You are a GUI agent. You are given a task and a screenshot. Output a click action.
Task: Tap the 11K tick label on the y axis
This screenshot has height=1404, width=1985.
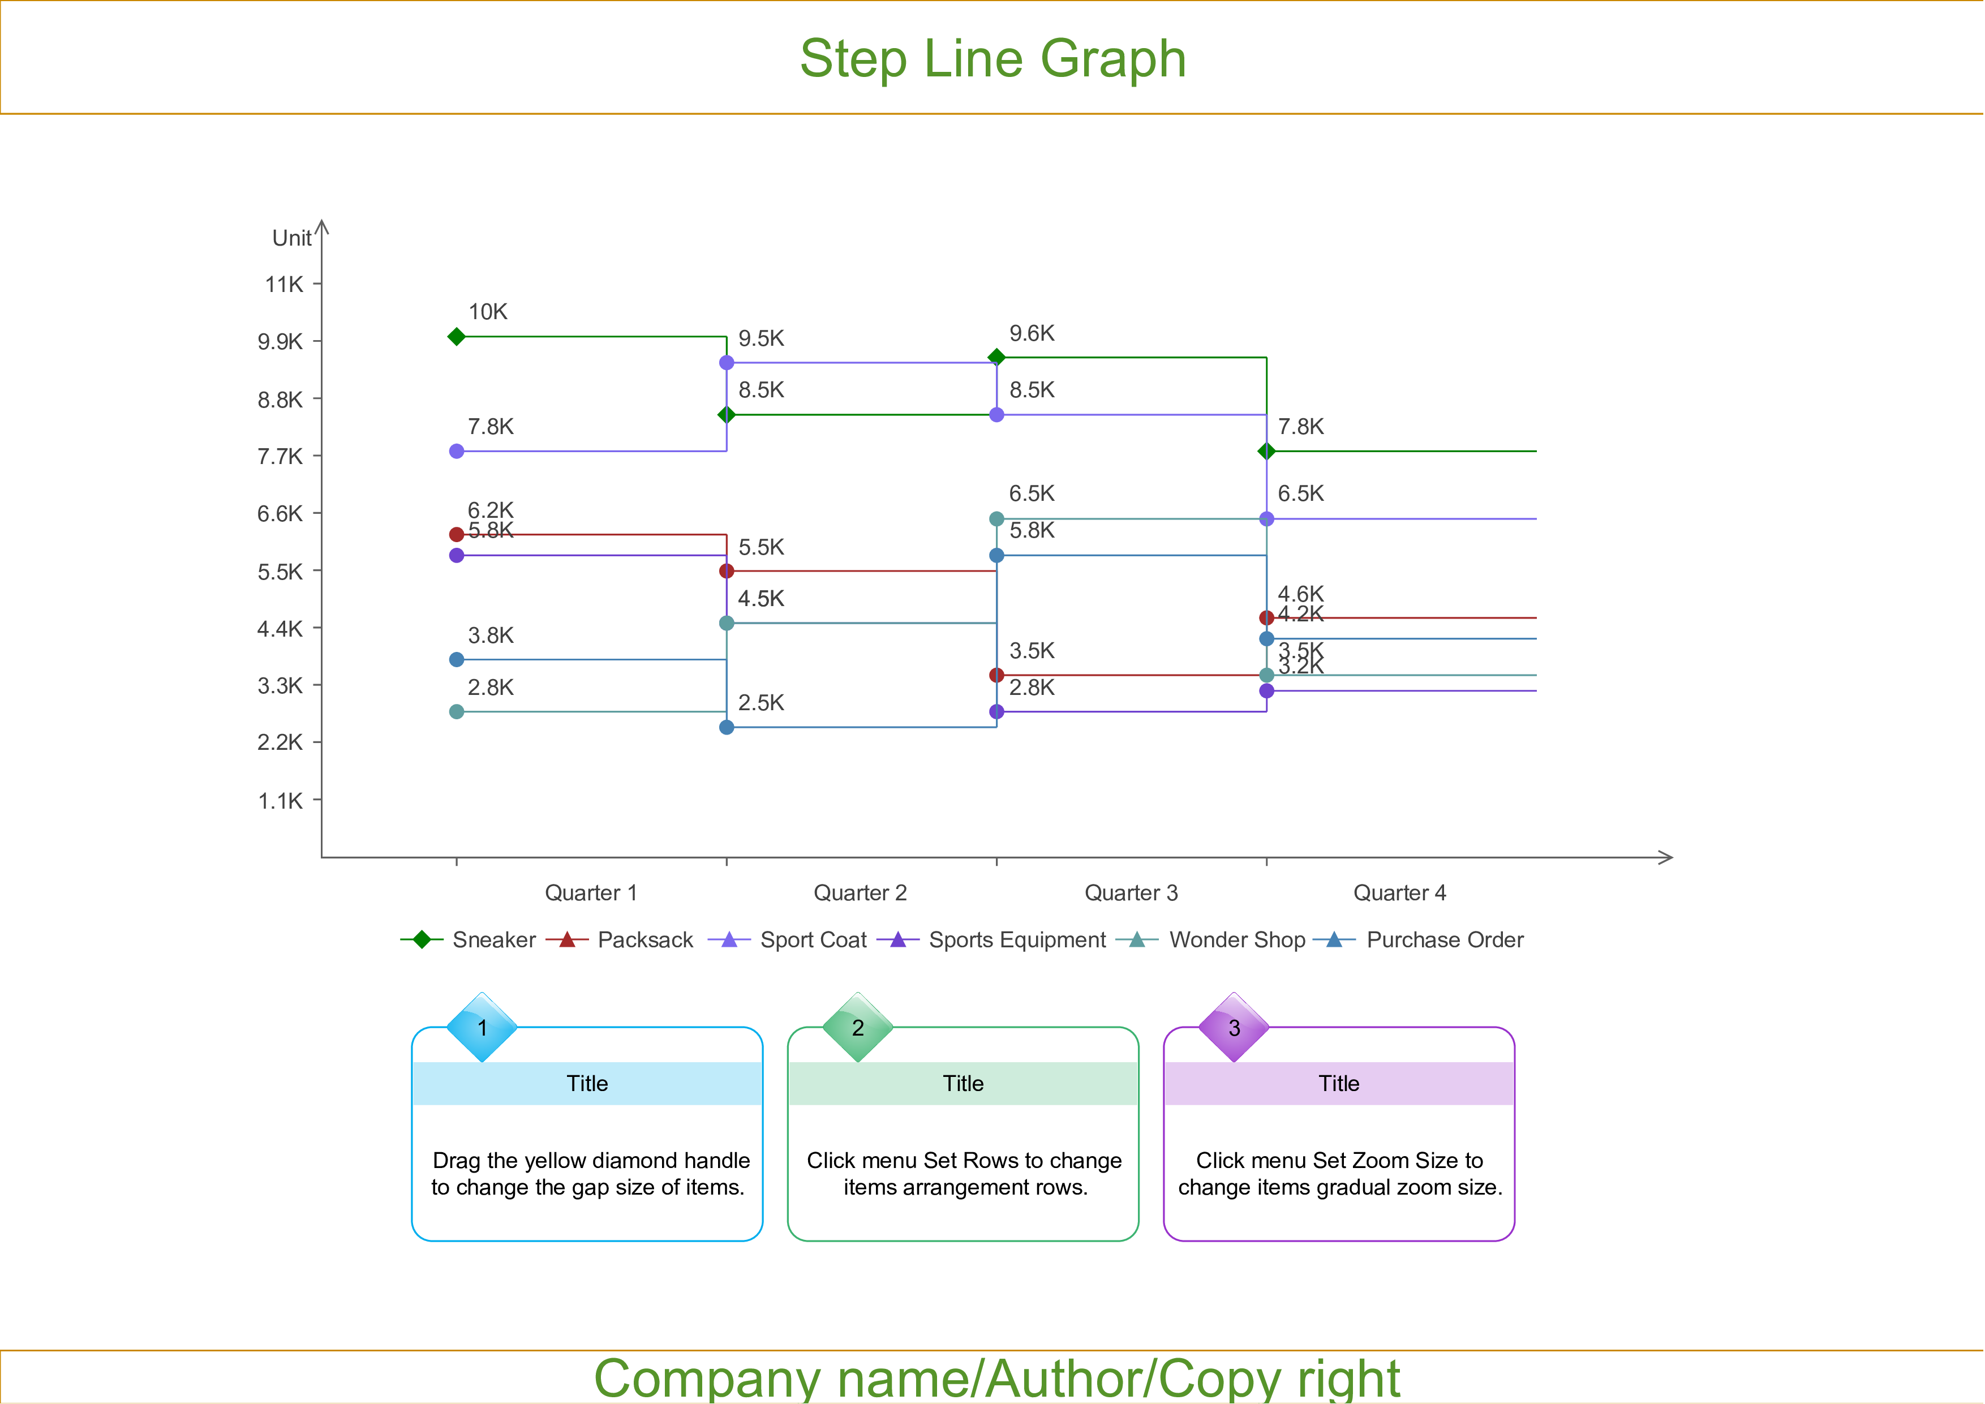point(285,285)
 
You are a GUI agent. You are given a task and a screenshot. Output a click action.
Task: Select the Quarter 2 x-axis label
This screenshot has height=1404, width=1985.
point(860,893)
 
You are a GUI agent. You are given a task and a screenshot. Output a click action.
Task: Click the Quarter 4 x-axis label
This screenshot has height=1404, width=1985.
point(1399,893)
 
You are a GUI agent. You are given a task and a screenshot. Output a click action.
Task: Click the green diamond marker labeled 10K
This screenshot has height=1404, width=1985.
point(457,336)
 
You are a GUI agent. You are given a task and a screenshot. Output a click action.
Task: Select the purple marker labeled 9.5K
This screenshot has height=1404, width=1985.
point(726,362)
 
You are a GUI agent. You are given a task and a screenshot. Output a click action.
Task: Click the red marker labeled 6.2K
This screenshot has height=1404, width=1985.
point(457,534)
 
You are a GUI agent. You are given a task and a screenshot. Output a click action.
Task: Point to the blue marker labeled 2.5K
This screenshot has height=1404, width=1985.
point(726,727)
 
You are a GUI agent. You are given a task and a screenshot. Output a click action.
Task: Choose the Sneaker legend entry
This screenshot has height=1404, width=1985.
point(493,940)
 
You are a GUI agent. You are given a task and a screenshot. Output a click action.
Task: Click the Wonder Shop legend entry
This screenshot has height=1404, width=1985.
point(1236,940)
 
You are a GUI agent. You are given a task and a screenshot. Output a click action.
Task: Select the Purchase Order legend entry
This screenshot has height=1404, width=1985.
point(1444,940)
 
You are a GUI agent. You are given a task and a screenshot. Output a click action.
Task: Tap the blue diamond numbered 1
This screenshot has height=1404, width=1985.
point(482,1028)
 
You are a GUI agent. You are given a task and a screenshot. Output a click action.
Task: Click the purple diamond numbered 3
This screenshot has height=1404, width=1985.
point(1234,1028)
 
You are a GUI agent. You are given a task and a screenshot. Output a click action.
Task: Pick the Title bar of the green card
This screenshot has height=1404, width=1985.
point(963,1083)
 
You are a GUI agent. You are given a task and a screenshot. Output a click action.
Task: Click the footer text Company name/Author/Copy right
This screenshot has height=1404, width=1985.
point(996,1378)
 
